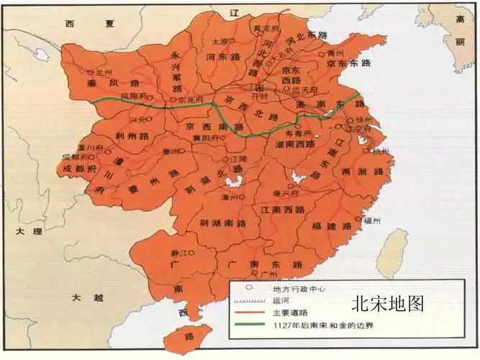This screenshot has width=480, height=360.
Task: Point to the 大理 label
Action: coord(23,232)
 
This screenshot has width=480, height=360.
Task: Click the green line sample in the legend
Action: coord(249,327)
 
